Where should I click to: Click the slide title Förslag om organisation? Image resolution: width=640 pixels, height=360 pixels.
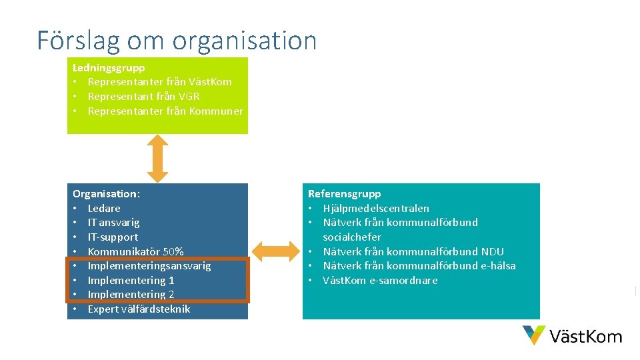point(177,41)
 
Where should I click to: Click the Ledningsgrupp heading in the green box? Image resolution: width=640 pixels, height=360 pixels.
point(109,67)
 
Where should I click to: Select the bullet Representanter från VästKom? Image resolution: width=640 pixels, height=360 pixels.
point(159,82)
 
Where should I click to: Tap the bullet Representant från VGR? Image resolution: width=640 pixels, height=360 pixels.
point(143,97)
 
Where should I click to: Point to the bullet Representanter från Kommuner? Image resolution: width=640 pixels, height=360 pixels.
point(165,111)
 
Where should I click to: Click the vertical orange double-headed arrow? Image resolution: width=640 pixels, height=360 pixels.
point(157,158)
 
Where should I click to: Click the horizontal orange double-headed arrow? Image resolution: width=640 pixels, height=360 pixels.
point(275,251)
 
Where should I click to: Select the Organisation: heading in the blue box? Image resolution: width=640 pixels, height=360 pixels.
point(106,194)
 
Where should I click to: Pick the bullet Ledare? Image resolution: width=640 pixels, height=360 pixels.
point(104,209)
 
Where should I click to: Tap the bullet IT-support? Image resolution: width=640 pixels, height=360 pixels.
point(113,237)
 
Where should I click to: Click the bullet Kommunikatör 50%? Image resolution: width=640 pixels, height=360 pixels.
point(135,252)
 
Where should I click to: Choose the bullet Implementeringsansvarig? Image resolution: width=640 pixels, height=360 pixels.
point(149,266)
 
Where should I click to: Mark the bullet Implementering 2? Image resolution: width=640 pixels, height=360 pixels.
point(131,295)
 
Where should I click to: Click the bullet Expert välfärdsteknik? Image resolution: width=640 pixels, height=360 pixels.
point(139,309)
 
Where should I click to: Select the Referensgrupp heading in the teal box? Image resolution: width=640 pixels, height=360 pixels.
point(344,194)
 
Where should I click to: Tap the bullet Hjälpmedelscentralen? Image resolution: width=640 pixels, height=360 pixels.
point(376,209)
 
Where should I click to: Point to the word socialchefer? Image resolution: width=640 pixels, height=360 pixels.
point(352,237)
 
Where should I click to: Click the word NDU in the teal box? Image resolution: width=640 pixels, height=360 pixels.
point(492,252)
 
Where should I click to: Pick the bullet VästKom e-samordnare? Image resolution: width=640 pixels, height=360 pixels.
point(380,281)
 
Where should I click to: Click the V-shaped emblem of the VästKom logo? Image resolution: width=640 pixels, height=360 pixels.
point(534,335)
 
